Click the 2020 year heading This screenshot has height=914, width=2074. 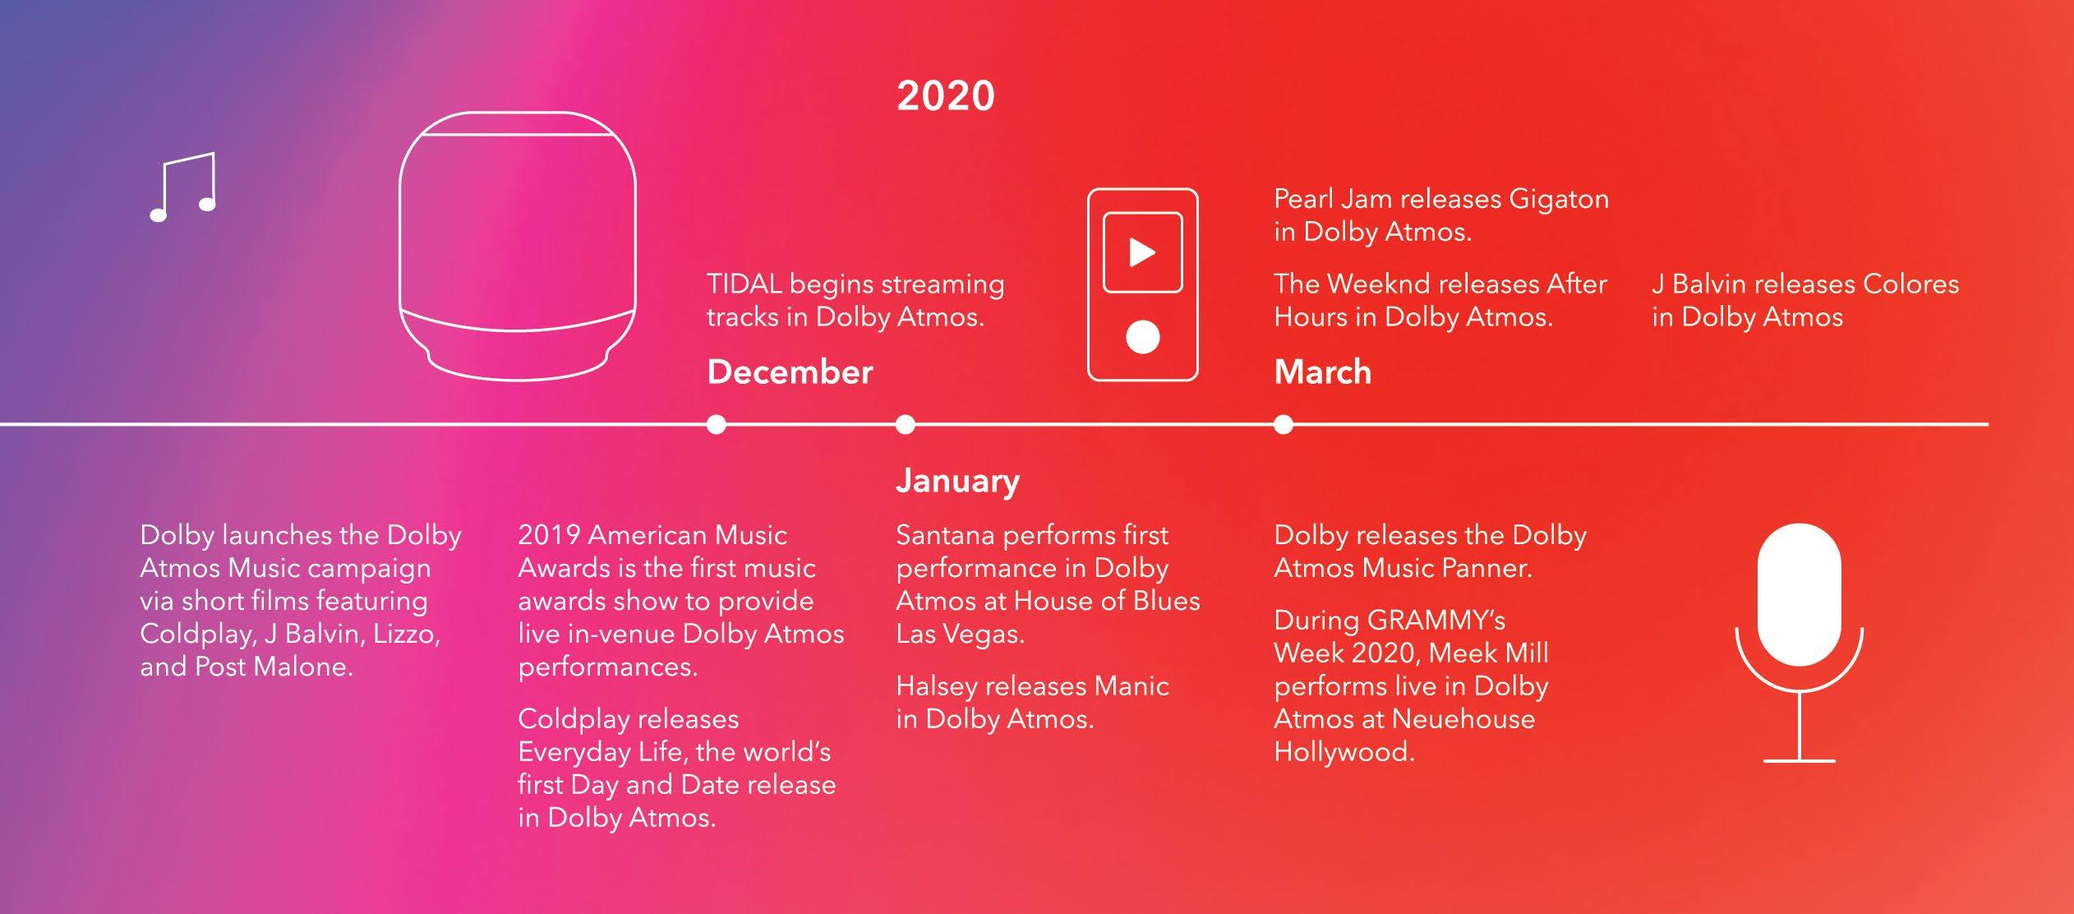point(946,96)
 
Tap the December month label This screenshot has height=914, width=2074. point(790,372)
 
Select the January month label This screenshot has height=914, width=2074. point(957,481)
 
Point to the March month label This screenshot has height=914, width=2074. point(1322,372)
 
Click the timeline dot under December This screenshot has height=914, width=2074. point(717,424)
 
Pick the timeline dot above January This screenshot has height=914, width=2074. point(906,424)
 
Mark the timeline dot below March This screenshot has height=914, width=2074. point(1284,424)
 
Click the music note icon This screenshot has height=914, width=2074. point(182,187)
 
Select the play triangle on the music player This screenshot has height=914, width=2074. point(1141,252)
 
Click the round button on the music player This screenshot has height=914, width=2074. point(1142,336)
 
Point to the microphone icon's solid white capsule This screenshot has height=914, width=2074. point(1800,594)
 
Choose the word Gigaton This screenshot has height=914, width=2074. point(1559,200)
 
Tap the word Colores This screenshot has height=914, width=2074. point(1910,284)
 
